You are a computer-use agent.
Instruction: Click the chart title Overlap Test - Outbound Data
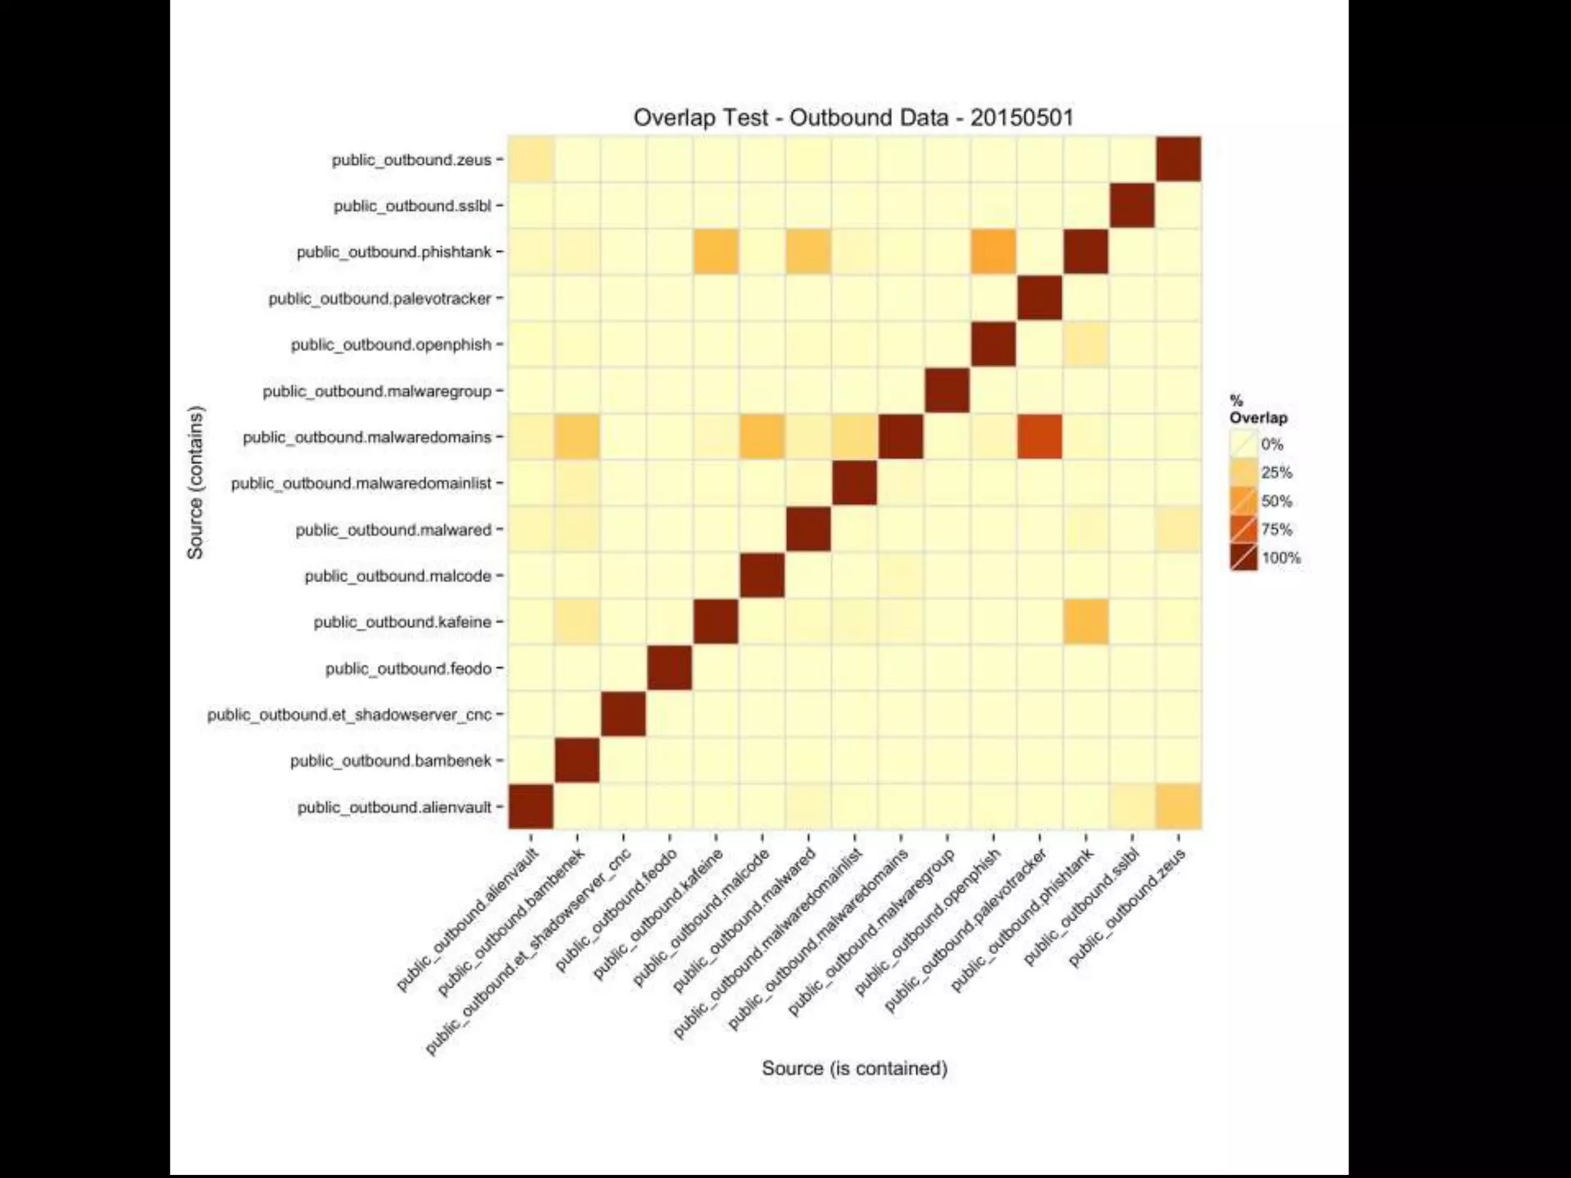click(853, 117)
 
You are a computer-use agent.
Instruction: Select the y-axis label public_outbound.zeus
click(411, 160)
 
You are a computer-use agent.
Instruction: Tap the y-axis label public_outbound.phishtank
click(394, 252)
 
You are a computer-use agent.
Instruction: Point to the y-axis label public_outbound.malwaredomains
click(367, 437)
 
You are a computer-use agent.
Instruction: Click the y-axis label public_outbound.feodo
click(408, 669)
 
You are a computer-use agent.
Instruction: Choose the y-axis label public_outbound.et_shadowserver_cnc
click(349, 715)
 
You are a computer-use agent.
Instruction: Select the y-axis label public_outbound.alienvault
click(394, 808)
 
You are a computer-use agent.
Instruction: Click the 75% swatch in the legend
click(1243, 529)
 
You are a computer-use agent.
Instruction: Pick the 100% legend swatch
click(1243, 558)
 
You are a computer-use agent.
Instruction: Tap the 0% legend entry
click(1271, 444)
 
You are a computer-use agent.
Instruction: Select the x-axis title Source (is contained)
click(854, 1068)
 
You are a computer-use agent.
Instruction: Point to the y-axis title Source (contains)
click(196, 482)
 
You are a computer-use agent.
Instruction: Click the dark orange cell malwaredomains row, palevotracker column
click(1039, 436)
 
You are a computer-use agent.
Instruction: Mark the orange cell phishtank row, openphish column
click(993, 252)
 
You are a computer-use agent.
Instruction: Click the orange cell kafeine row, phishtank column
click(1085, 621)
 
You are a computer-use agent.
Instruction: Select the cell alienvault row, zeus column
click(1178, 806)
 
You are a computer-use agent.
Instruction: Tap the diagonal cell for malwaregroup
click(947, 390)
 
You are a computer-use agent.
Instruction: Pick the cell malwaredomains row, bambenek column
click(577, 436)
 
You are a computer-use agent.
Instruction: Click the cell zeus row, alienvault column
click(531, 160)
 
